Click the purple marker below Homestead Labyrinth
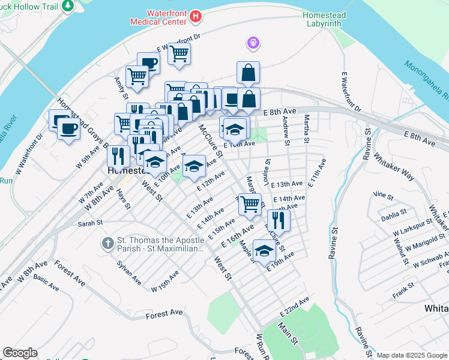coord(253,43)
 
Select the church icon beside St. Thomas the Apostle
coord(108,243)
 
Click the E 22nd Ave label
coord(294,307)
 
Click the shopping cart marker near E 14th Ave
coord(250,203)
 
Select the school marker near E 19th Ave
coord(264,251)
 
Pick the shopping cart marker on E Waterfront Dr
coord(179,55)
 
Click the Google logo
coord(20,353)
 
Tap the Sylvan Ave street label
coord(129,272)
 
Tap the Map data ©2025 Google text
coord(411,355)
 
